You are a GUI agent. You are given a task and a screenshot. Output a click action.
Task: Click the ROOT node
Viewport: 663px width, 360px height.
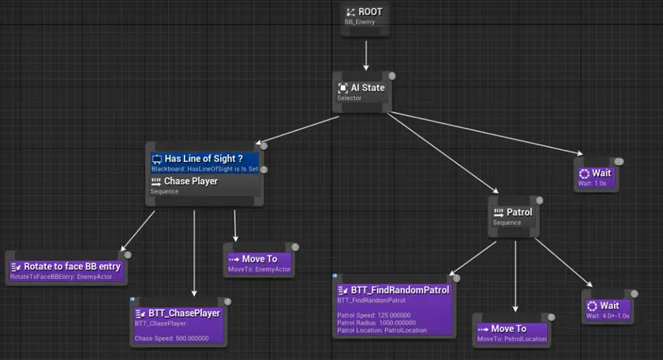coord(366,17)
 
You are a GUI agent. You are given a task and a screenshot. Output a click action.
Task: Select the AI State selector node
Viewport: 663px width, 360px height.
coord(362,92)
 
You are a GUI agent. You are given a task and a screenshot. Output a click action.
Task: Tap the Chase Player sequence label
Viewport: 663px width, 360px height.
coord(190,181)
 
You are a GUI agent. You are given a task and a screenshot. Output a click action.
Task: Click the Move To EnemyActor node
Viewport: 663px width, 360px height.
coord(260,263)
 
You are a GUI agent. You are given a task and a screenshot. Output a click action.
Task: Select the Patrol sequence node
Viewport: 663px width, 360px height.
coord(514,216)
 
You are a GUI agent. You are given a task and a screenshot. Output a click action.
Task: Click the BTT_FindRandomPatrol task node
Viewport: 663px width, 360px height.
coord(393,304)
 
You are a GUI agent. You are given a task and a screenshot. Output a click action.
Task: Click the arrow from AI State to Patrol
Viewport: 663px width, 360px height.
coord(442,152)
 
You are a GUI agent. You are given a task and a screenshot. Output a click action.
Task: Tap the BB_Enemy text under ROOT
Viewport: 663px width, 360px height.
coord(359,22)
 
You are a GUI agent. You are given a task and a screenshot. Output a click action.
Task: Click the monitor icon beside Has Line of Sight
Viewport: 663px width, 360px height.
coord(156,159)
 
